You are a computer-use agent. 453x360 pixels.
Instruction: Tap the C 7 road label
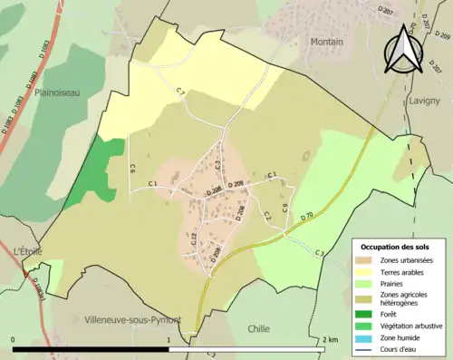180,92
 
